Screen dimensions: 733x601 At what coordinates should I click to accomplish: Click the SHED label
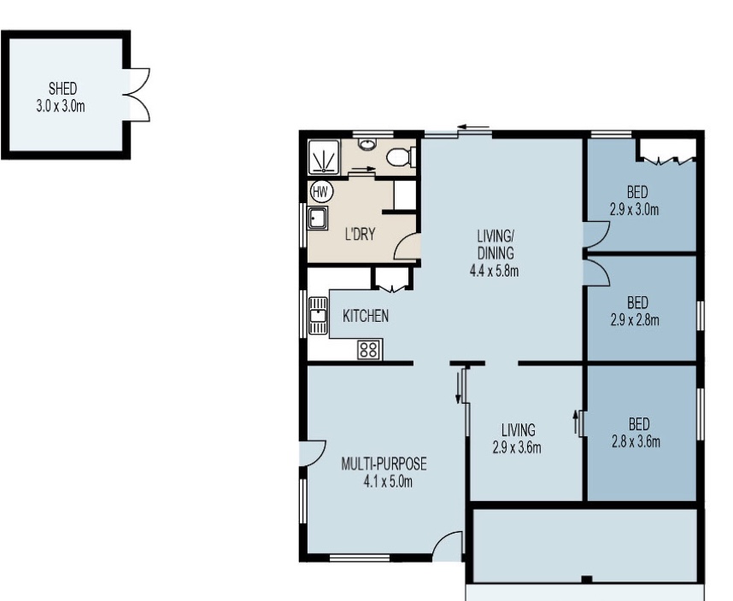[x=62, y=88]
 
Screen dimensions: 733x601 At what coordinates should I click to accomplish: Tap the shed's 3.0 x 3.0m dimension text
[x=61, y=107]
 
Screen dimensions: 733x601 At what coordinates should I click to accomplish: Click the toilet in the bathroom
[x=401, y=156]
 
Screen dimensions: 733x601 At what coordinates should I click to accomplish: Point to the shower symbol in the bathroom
[x=324, y=157]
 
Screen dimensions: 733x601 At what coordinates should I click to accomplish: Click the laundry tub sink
[x=318, y=218]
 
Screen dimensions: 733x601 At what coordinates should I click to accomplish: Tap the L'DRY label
[x=360, y=234]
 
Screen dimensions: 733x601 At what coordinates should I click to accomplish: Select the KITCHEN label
[x=366, y=316]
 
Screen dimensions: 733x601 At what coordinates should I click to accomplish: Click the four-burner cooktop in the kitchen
[x=369, y=350]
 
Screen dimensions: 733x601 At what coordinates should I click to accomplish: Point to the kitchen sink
[x=318, y=316]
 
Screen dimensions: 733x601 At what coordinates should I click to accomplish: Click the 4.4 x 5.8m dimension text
[x=494, y=271]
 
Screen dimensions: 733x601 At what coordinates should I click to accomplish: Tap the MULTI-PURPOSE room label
[x=384, y=464]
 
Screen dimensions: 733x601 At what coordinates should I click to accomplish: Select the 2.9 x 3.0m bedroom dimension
[x=635, y=210]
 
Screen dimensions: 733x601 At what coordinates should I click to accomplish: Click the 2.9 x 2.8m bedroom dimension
[x=635, y=320]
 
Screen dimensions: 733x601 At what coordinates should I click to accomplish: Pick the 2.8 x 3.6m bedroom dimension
[x=636, y=441]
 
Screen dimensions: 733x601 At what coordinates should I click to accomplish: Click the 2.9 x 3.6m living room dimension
[x=517, y=448]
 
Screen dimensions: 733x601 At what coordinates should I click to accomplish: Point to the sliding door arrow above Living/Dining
[x=473, y=126]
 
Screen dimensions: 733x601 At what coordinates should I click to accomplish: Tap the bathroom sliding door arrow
[x=363, y=169]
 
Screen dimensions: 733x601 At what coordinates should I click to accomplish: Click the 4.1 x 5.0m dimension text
[x=388, y=482]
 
